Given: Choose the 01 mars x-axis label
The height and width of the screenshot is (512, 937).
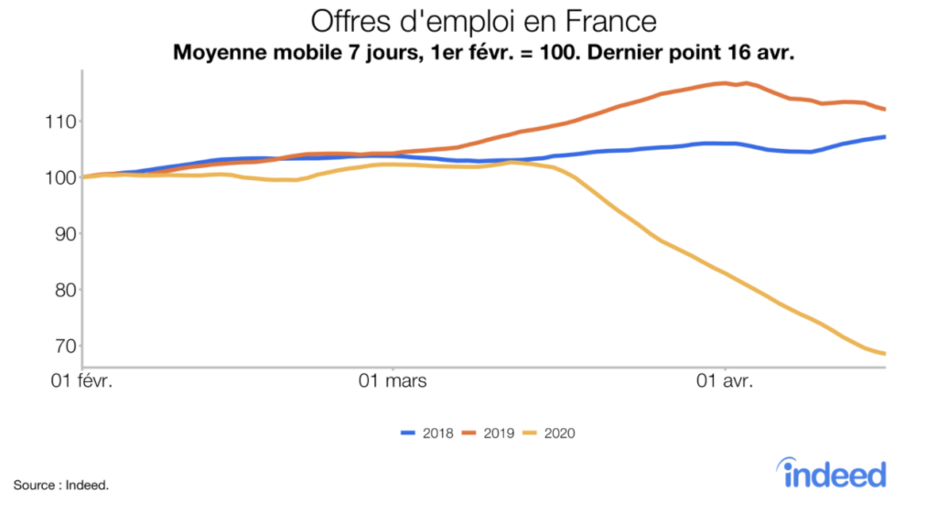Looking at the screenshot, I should click(x=392, y=380).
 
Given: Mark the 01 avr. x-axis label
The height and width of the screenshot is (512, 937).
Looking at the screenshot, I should click(x=725, y=380).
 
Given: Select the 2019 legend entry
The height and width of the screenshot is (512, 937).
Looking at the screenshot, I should click(x=491, y=432).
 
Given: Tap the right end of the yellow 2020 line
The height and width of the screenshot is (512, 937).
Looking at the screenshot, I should click(x=885, y=354).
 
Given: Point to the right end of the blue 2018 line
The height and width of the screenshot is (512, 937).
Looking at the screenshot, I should click(x=885, y=137).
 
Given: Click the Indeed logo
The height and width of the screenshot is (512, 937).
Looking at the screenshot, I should click(x=834, y=473).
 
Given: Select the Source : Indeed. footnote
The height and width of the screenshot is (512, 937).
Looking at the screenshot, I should click(x=61, y=485).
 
